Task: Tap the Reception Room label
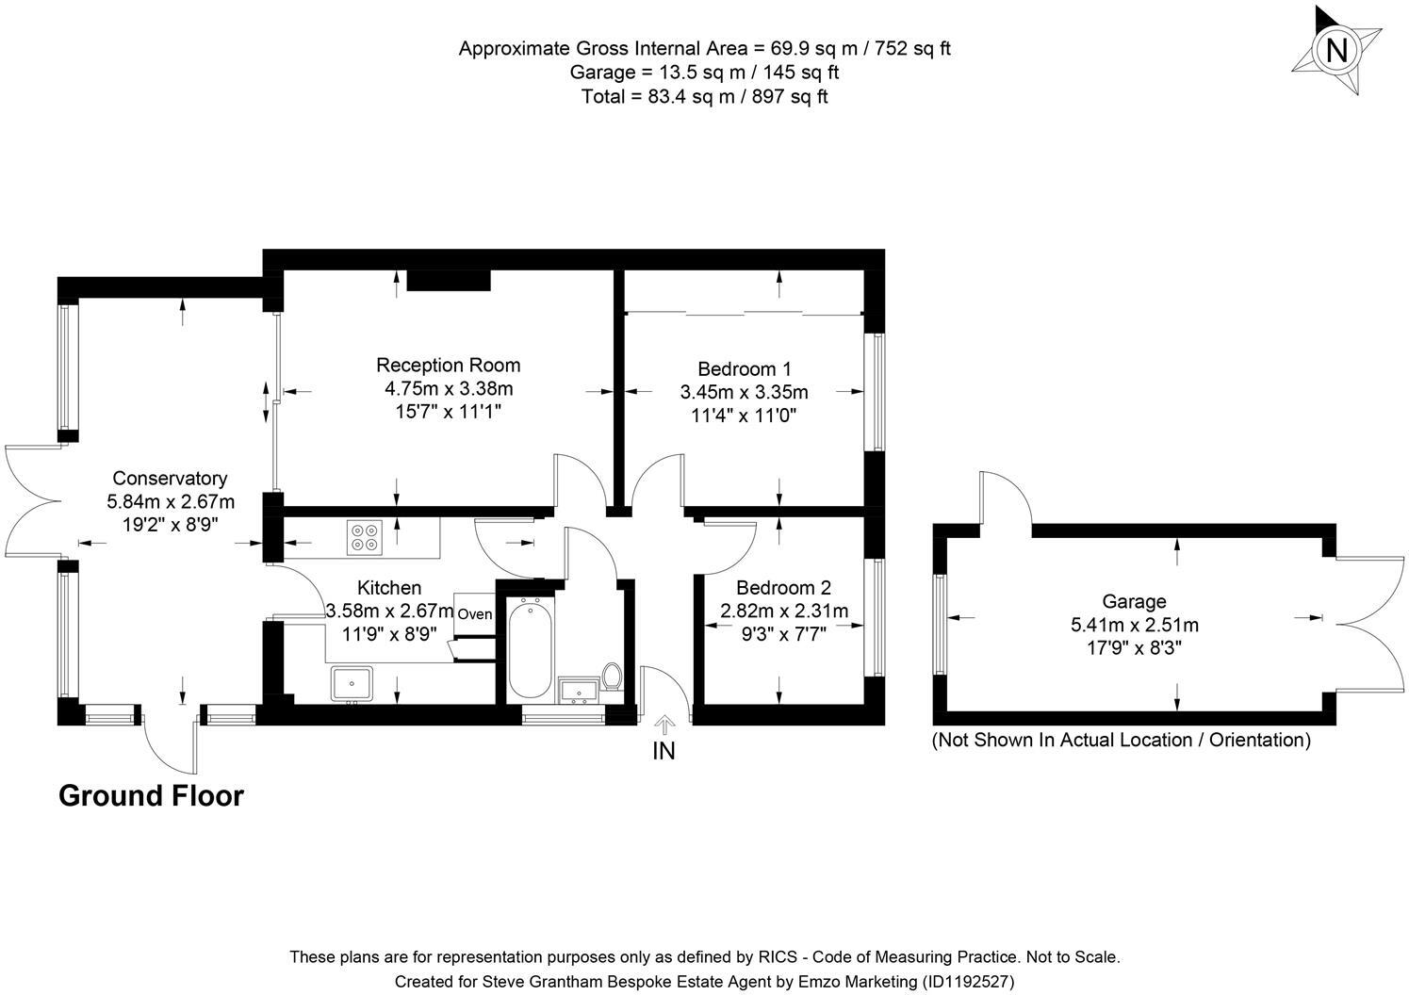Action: click(x=448, y=366)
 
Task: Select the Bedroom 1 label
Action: click(x=744, y=368)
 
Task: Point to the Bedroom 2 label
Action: click(x=783, y=588)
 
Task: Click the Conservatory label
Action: click(x=170, y=479)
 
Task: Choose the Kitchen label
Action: click(x=389, y=588)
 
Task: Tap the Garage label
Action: click(x=1134, y=601)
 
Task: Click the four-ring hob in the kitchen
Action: click(x=364, y=536)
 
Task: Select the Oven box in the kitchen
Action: click(x=475, y=614)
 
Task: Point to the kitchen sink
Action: click(x=352, y=683)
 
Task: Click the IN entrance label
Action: click(x=664, y=751)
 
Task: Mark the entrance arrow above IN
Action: click(x=664, y=725)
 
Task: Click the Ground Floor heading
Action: click(x=151, y=796)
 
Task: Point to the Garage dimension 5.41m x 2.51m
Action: click(x=1134, y=625)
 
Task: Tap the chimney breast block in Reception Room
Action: click(x=449, y=280)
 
